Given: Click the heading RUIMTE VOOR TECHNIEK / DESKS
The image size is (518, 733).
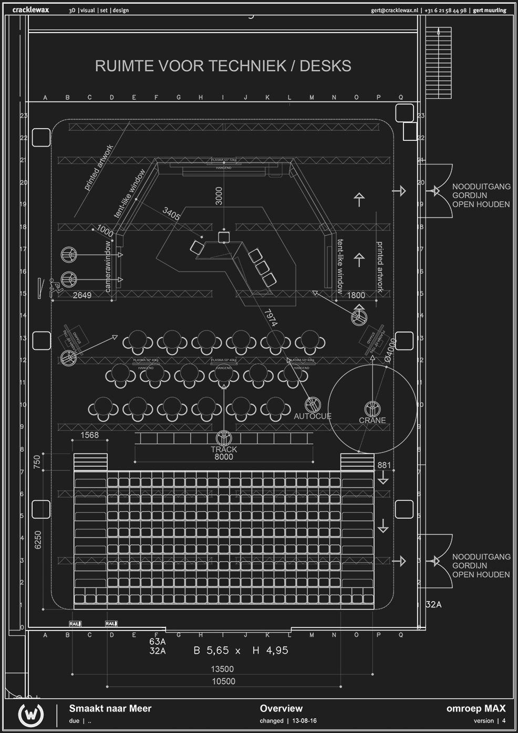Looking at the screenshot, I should (223, 66).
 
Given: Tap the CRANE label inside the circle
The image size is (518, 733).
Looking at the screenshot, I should (372, 420).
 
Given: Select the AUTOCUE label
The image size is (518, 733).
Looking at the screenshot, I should (313, 416).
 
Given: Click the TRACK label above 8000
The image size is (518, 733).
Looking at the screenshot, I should (224, 449).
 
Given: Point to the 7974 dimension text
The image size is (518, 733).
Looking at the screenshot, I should (271, 318).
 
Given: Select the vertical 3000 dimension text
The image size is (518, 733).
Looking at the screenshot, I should (219, 196).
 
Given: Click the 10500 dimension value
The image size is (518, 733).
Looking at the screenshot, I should (224, 682).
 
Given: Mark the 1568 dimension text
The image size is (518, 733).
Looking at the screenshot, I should (90, 435).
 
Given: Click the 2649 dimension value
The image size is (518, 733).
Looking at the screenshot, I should (82, 295).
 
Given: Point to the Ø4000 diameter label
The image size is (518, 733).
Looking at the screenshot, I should (390, 348).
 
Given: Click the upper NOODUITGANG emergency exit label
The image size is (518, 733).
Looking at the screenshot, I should (481, 187).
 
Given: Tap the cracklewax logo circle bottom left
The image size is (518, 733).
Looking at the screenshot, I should (31, 715).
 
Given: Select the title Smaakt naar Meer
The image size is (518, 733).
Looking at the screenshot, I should (110, 708).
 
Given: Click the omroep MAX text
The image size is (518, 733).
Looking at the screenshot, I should (476, 708).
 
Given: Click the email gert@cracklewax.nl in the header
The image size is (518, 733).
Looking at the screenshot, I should (395, 11).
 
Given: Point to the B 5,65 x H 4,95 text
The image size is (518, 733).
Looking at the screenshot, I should (241, 651).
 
